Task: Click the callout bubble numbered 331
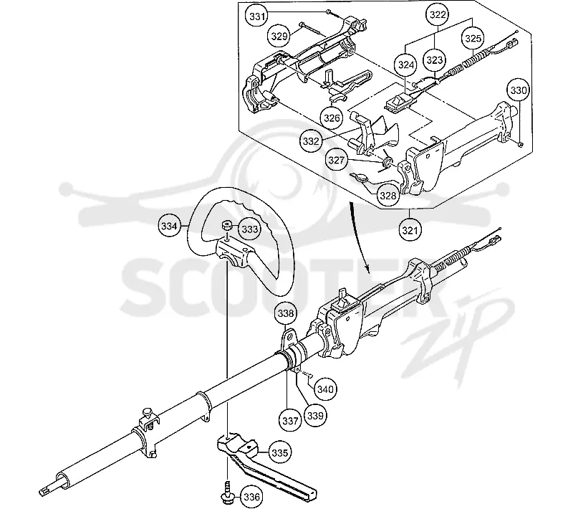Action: [x=258, y=16]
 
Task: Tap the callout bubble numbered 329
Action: [x=279, y=36]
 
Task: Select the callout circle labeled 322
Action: [x=438, y=14]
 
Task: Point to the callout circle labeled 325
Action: [x=473, y=38]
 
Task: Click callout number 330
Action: [x=518, y=90]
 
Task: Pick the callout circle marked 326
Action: [x=332, y=118]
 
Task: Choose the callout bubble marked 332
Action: [x=311, y=141]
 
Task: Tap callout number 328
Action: [x=387, y=196]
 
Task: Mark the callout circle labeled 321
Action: [x=410, y=230]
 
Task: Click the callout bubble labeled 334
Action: [x=169, y=226]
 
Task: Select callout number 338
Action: [x=285, y=313]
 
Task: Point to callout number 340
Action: [x=325, y=389]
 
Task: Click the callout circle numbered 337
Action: [x=290, y=421]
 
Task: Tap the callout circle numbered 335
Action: [x=279, y=452]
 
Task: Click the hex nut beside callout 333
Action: [x=226, y=225]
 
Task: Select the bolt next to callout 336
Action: [x=228, y=490]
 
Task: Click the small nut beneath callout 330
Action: [x=521, y=144]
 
